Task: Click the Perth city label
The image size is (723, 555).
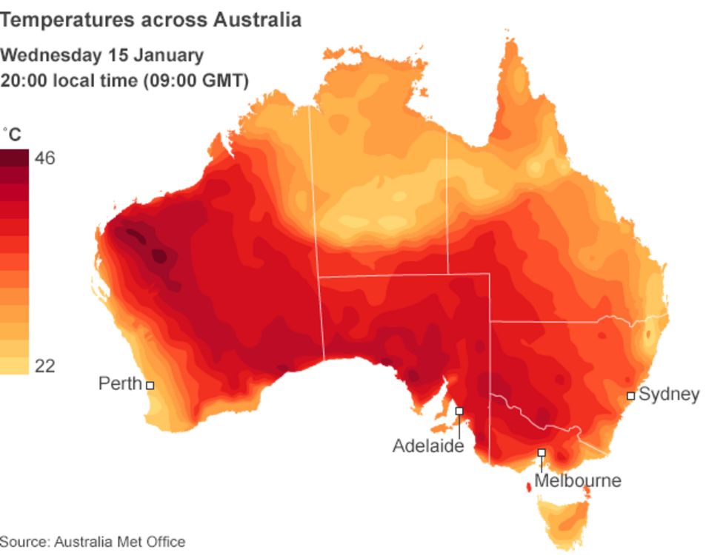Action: [119, 383]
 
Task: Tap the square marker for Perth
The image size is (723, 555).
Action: [150, 385]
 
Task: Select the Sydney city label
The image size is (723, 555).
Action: [669, 394]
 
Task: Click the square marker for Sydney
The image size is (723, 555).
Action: [630, 396]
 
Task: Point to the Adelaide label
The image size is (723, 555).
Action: [427, 445]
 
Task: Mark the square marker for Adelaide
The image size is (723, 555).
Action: [459, 411]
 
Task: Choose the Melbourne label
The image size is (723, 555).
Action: [577, 480]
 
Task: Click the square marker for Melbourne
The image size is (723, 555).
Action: [542, 452]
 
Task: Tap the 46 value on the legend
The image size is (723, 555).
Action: [44, 158]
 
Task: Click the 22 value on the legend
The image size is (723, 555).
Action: [44, 366]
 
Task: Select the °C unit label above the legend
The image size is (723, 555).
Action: [12, 135]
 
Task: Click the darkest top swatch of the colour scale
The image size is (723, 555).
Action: [14, 158]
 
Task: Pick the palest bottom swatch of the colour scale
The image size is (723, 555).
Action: [14, 366]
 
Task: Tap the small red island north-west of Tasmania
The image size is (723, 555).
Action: [528, 487]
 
